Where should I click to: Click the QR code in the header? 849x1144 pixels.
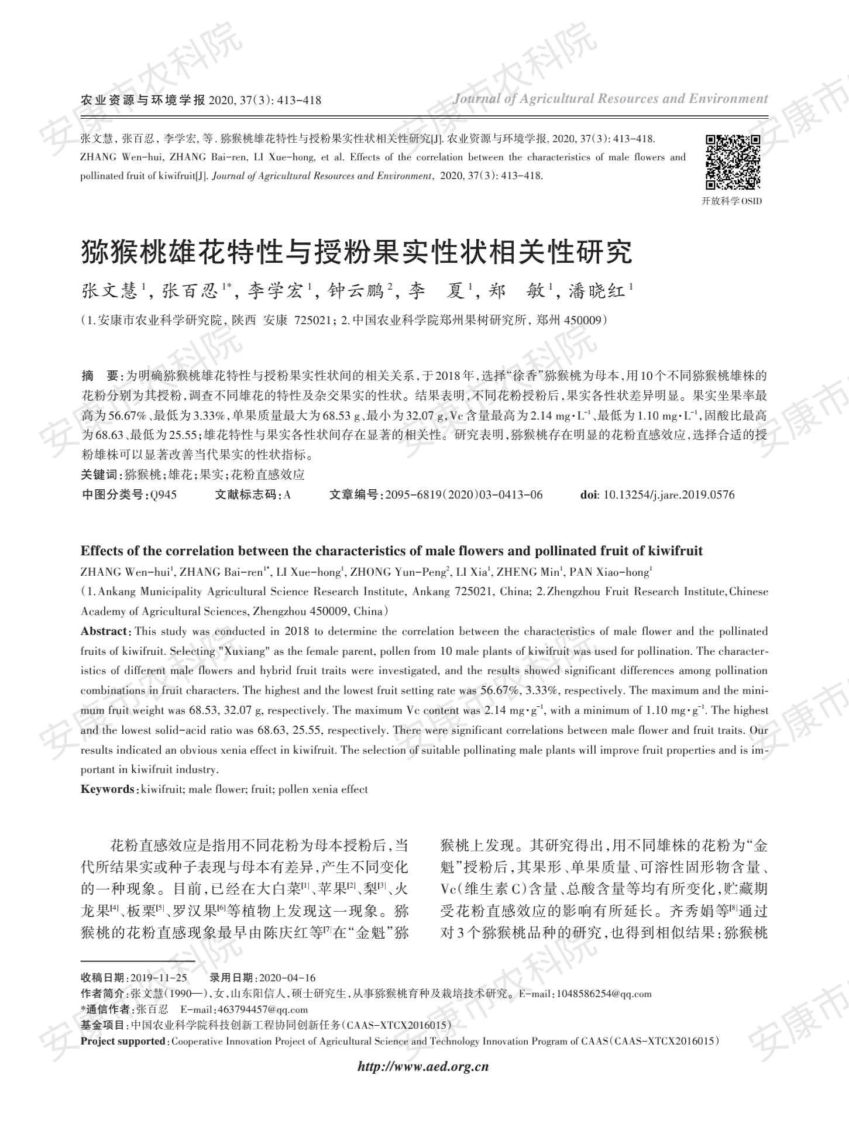[733, 162]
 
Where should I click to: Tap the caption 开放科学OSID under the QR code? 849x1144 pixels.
[731, 201]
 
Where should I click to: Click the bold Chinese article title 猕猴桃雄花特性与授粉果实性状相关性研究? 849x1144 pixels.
[356, 252]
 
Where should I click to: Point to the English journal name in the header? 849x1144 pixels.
[610, 99]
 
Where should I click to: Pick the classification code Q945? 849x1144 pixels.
[163, 494]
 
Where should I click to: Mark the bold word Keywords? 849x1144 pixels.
[108, 789]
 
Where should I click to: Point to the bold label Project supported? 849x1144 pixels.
[123, 1041]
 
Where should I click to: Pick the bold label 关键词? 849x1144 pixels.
[99, 475]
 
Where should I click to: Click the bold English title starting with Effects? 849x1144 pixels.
[391, 551]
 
